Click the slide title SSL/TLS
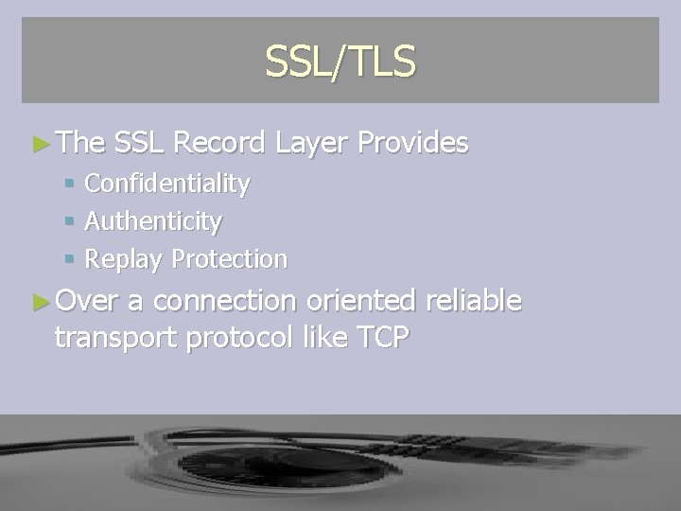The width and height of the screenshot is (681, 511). (340, 62)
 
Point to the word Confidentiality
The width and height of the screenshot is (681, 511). (167, 184)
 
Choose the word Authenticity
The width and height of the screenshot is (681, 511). (153, 221)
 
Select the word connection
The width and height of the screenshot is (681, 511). (224, 301)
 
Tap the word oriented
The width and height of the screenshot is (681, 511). (361, 301)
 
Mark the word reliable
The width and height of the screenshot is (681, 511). (473, 301)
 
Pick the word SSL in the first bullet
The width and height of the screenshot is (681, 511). (140, 143)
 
